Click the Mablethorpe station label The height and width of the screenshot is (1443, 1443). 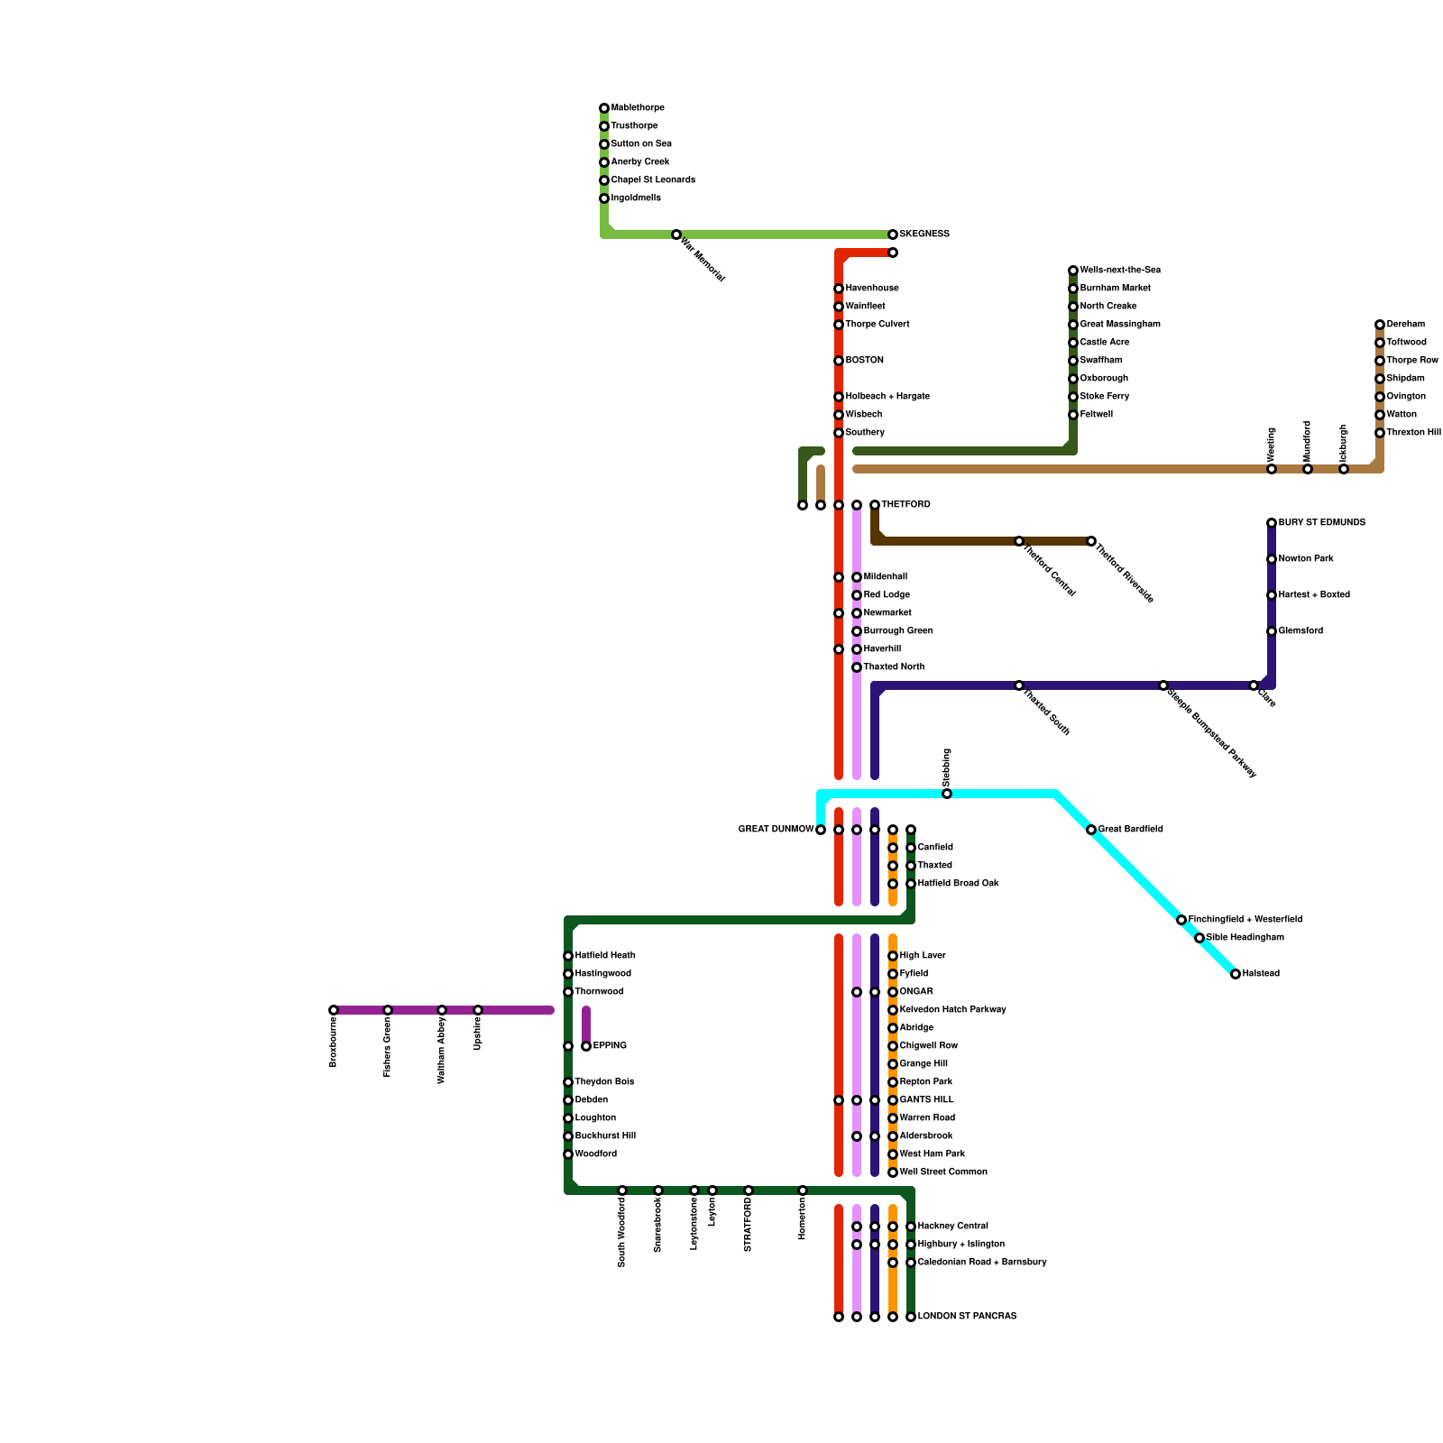pos(638,108)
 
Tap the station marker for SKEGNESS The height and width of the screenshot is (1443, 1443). pos(893,234)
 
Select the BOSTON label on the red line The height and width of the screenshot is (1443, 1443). pos(865,361)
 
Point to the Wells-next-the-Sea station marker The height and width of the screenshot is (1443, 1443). pos(1073,271)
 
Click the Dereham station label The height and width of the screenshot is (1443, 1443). pos(1406,325)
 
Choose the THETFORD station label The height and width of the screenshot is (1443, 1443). pos(905,505)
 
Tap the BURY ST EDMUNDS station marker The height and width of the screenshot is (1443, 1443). pos(1272,523)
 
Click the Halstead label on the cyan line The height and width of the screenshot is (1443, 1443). pos(1261,974)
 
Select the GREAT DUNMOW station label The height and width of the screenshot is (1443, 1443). pos(776,830)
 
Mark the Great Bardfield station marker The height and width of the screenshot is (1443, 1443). pos(1091,830)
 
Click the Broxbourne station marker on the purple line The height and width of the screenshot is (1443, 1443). pos(334,1010)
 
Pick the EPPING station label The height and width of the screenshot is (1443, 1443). pos(610,1046)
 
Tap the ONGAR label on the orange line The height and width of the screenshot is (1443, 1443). pos(916,992)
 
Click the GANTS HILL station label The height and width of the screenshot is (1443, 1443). pos(926,1100)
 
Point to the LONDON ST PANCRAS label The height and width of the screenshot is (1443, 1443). pos(967,1317)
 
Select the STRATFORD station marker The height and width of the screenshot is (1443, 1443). pos(749,1190)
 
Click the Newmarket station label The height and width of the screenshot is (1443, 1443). pos(887,613)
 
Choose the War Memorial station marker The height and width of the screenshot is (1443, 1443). pos(676,234)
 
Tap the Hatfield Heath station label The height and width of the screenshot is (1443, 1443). pos(605,956)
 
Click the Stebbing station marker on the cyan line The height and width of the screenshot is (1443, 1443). pos(947,794)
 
